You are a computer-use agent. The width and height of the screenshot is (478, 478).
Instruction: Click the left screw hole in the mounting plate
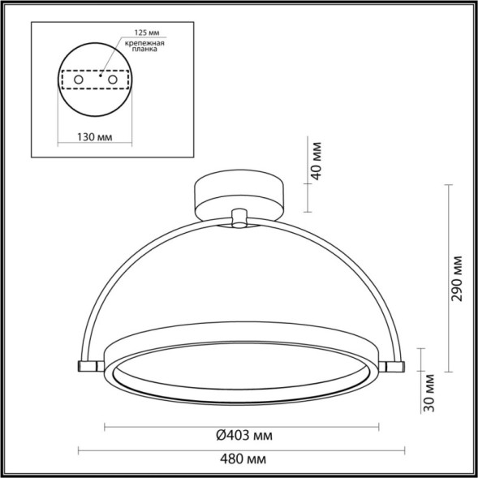click(78, 82)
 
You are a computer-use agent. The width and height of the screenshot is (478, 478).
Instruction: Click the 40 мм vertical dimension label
click(317, 166)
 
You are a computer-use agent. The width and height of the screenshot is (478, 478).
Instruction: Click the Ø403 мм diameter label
click(243, 436)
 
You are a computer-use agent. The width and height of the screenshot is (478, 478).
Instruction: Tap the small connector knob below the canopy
click(239, 219)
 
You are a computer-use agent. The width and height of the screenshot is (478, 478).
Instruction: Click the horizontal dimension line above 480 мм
click(243, 450)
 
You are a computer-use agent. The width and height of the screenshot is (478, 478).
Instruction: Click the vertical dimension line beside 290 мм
click(449, 277)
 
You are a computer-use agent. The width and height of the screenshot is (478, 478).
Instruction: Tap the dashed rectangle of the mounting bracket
click(95, 82)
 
